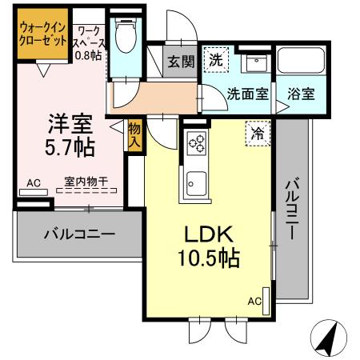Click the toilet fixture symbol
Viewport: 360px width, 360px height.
click(124, 36)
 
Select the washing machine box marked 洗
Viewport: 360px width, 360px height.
click(215, 58)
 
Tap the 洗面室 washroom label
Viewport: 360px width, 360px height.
click(248, 92)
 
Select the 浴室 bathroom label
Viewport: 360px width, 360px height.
click(302, 92)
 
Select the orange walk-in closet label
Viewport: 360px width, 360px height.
click(42, 36)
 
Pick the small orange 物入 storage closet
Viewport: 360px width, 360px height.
click(135, 137)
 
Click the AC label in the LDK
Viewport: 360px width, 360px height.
click(254, 301)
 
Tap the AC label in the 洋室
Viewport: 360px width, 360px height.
click(33, 183)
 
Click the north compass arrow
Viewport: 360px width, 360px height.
click(329, 338)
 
